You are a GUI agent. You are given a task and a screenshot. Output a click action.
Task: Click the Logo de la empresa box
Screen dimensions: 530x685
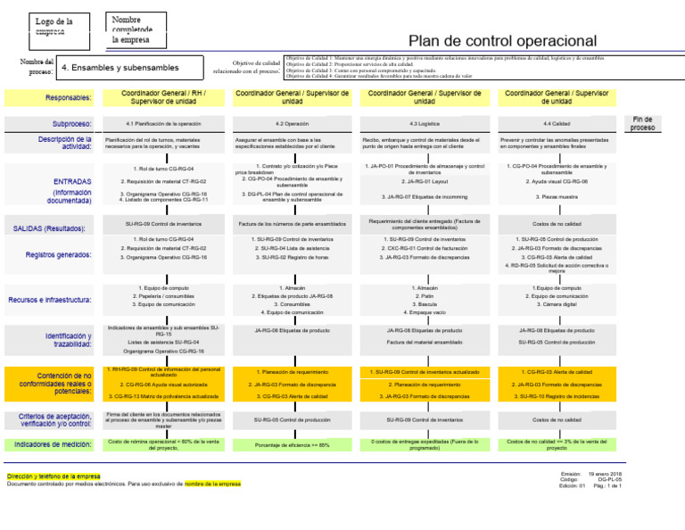pyautogui.click(x=54, y=27)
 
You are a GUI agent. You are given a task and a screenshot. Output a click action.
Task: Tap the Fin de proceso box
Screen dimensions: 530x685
pyautogui.click(x=642, y=123)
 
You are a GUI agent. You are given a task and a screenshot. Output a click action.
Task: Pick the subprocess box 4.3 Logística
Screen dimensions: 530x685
pyautogui.click(x=425, y=123)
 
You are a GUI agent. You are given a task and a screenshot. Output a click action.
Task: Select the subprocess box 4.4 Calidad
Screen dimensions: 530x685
pyautogui.click(x=557, y=123)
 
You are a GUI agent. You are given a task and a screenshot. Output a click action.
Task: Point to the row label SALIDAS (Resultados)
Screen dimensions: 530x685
pyautogui.click(x=51, y=229)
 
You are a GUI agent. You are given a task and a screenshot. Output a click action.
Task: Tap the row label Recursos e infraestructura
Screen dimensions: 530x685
pyautogui.click(x=51, y=300)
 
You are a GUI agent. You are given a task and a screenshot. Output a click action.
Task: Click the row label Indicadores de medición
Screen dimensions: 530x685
pyautogui.click(x=51, y=443)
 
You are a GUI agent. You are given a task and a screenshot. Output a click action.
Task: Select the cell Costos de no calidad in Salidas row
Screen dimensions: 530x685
pyautogui.click(x=557, y=224)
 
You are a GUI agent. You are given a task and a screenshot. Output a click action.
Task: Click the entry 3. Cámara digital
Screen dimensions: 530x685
pyautogui.click(x=557, y=303)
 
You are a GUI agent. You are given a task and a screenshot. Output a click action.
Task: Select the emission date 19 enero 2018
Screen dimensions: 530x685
pyautogui.click(x=605, y=474)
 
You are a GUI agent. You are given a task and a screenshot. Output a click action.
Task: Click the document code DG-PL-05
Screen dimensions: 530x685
pyautogui.click(x=609, y=479)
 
